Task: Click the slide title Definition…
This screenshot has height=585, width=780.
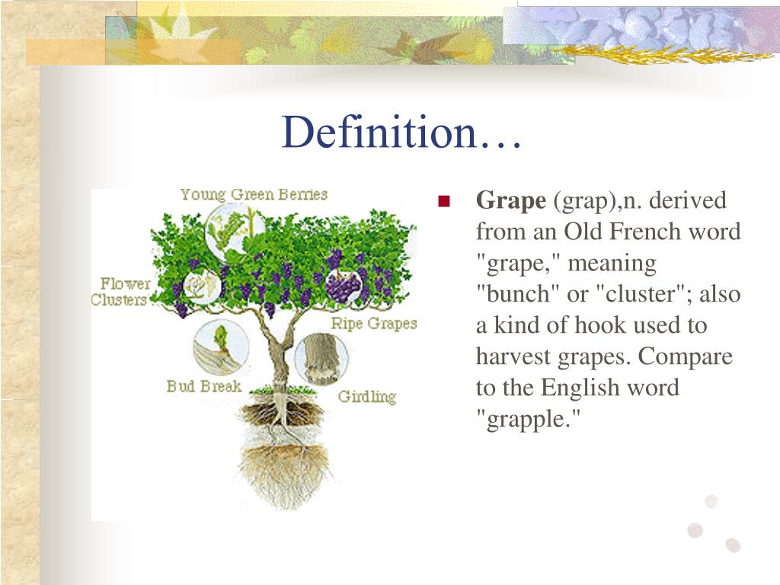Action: click(x=401, y=133)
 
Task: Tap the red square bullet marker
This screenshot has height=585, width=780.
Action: click(x=445, y=202)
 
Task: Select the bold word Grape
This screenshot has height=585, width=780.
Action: click(x=511, y=201)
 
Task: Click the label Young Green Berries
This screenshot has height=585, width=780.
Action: click(x=254, y=194)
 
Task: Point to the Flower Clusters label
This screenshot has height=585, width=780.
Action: click(x=120, y=292)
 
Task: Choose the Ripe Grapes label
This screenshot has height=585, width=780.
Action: click(x=374, y=323)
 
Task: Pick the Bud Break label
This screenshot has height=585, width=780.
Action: click(x=203, y=386)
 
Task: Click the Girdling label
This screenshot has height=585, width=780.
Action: click(x=367, y=397)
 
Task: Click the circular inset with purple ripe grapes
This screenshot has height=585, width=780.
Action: click(x=345, y=285)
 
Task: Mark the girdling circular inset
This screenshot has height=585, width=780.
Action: click(x=321, y=354)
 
